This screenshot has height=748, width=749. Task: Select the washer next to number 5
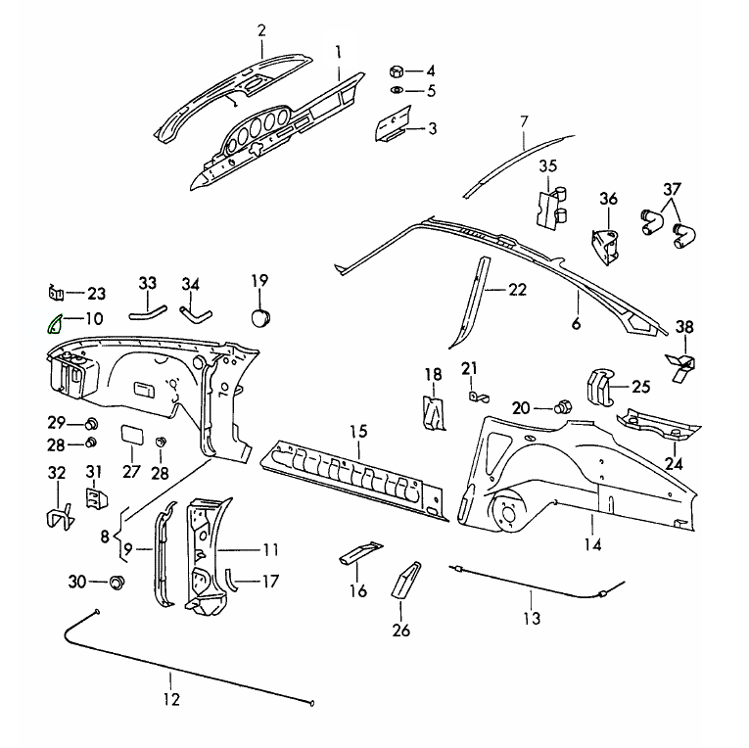pyautogui.click(x=398, y=91)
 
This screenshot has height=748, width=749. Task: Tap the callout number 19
pyautogui.click(x=259, y=281)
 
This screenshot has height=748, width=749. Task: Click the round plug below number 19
pyautogui.click(x=259, y=317)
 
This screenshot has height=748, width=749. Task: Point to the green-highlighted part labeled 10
pyautogui.click(x=53, y=323)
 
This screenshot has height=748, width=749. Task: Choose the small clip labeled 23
pyautogui.click(x=57, y=292)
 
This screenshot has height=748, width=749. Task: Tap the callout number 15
pyautogui.click(x=357, y=431)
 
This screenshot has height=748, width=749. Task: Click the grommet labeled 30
pyautogui.click(x=117, y=583)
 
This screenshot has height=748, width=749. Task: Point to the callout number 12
pyautogui.click(x=171, y=699)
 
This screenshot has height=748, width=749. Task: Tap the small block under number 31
pyautogui.click(x=95, y=500)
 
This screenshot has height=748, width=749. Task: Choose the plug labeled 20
pyautogui.click(x=564, y=406)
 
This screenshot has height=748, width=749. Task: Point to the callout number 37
pyautogui.click(x=672, y=189)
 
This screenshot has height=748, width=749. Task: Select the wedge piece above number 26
pyautogui.click(x=404, y=583)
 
